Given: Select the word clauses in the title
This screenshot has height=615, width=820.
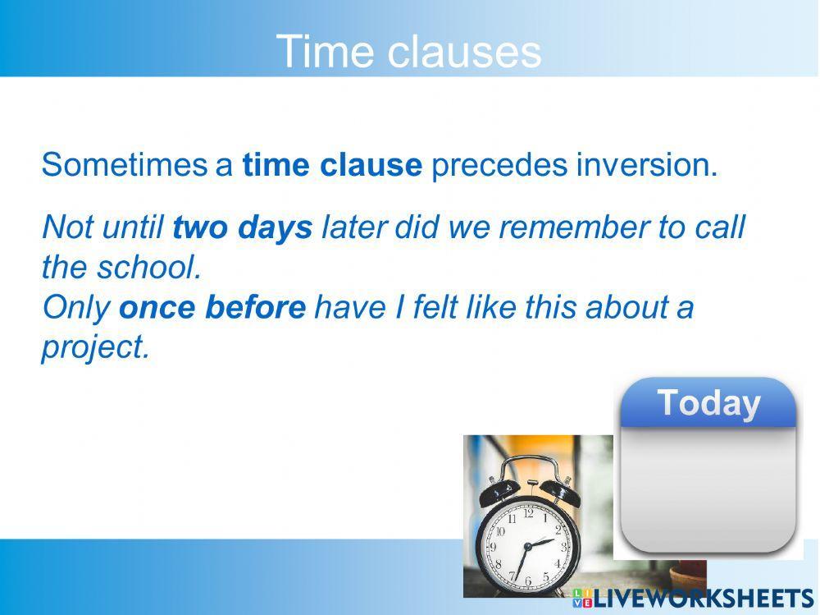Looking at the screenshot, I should coord(463,52).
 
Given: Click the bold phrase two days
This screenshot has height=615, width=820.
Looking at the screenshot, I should coord(243,227).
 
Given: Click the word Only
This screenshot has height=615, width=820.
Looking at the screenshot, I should coord(75,307).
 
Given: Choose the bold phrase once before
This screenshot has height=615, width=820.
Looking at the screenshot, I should coord(212,307).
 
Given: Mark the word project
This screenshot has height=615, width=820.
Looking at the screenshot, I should coord(95,347).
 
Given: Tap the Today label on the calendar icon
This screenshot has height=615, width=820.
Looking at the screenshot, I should coord(708,403).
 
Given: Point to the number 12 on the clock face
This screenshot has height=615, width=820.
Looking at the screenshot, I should coord(528,514).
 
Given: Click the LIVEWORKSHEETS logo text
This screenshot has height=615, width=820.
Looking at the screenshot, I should coord(702,599).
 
